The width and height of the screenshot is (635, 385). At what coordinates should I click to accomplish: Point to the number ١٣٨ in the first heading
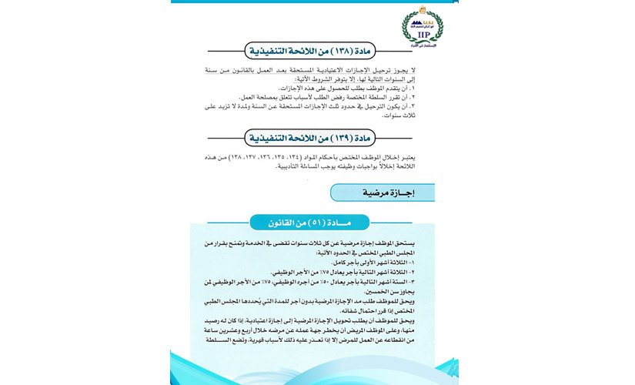(x=338, y=52)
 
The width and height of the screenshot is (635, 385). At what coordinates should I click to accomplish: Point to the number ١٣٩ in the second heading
(x=338, y=139)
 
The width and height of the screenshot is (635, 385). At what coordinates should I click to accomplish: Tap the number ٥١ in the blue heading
(x=323, y=223)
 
